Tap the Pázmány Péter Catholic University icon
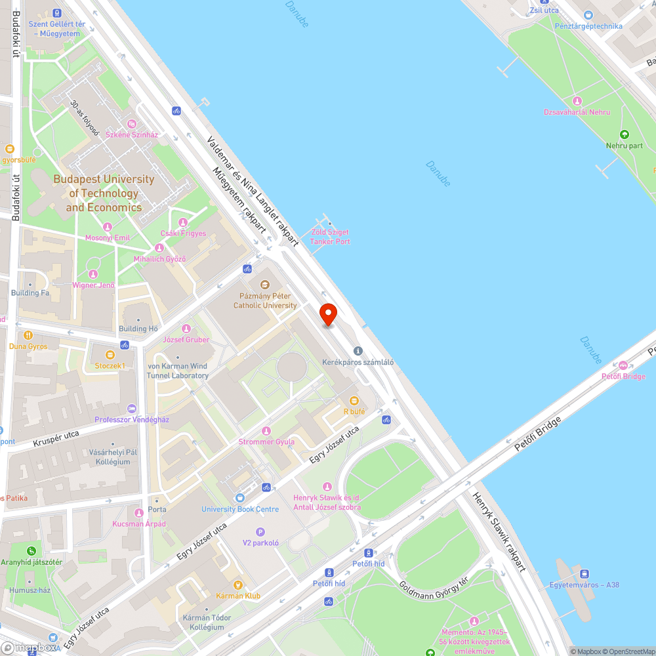[x=265, y=285]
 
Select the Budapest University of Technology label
[x=104, y=193]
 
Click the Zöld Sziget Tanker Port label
[x=330, y=237]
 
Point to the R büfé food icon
[x=354, y=401]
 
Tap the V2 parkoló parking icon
[x=260, y=532]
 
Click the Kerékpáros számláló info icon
[x=358, y=352]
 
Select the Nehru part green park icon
[x=625, y=134]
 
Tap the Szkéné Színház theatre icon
[x=132, y=123]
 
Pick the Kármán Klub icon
[x=238, y=584]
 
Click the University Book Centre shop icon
[x=239, y=499]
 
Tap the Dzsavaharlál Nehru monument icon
[x=577, y=101]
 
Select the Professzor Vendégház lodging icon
[x=132, y=409]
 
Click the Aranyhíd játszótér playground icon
[x=31, y=551]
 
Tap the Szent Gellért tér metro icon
[x=57, y=12]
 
